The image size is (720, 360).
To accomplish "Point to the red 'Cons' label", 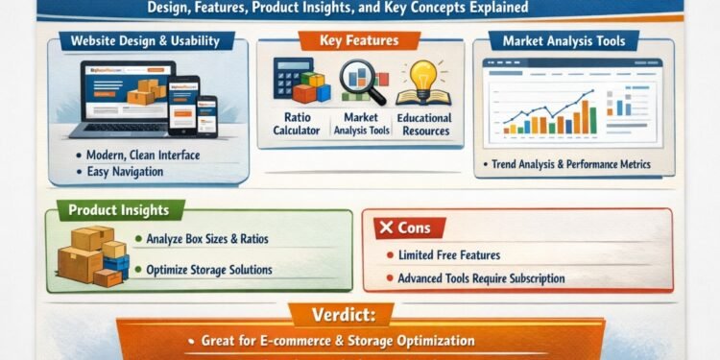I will pos(408,228).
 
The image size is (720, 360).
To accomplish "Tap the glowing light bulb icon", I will pos(423,76).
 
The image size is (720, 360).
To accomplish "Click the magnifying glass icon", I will pos(362,82).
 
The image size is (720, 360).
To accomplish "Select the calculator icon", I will pos(288,76).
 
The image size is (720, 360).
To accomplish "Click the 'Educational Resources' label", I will pos(423,125).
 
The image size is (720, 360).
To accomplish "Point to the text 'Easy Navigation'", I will pos(122,172).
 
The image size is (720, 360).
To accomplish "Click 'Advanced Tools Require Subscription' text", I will pos(481,278).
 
